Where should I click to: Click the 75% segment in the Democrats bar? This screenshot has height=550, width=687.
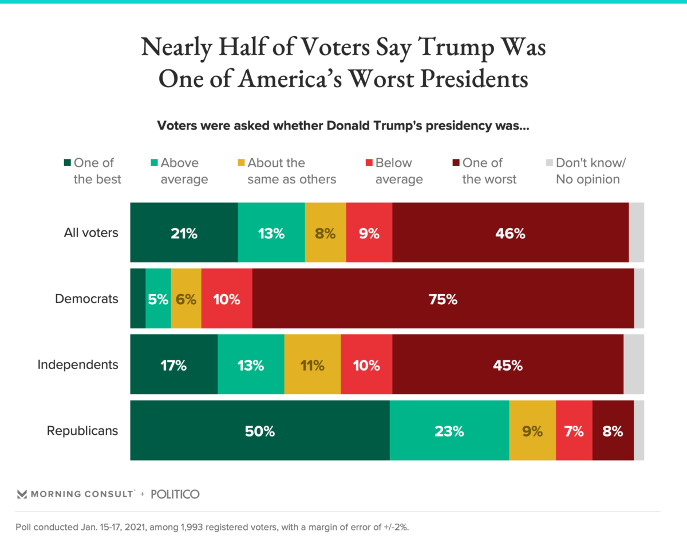[x=443, y=298]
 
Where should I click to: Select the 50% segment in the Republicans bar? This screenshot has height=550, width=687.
[x=260, y=431]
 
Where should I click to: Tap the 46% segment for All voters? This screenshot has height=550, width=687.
[x=510, y=233]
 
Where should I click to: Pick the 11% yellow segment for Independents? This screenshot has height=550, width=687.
[x=312, y=365]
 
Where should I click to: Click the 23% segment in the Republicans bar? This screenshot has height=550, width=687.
[x=449, y=431]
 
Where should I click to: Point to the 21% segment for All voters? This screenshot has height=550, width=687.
[x=184, y=233]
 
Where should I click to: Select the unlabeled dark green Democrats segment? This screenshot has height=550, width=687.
[x=137, y=298]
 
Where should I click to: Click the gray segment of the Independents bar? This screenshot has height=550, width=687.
[x=633, y=365]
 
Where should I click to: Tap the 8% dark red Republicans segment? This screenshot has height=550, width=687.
[x=613, y=431]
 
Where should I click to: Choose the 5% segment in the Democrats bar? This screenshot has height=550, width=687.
[x=158, y=298]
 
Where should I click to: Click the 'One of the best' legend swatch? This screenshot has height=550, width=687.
[x=66, y=163]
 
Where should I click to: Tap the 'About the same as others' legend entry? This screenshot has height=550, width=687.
[x=286, y=171]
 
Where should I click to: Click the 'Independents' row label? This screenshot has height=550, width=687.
[x=78, y=364]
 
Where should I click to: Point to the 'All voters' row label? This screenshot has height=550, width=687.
[x=91, y=233]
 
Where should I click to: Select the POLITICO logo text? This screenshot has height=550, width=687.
[x=175, y=494]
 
